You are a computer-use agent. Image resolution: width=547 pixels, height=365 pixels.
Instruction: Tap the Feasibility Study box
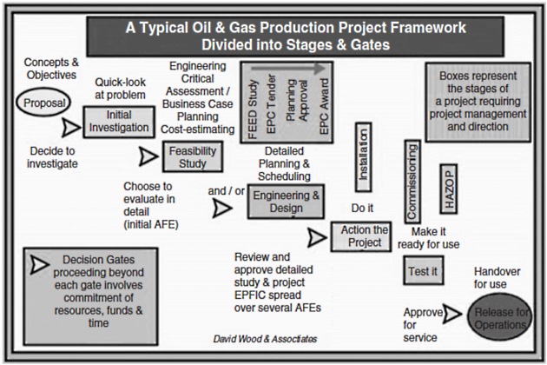(x=193, y=156)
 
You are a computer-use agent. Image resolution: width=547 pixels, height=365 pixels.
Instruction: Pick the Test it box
(x=422, y=273)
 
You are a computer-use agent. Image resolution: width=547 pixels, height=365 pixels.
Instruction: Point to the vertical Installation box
(x=364, y=156)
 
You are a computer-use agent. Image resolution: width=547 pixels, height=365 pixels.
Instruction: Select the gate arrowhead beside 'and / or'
(x=222, y=209)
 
